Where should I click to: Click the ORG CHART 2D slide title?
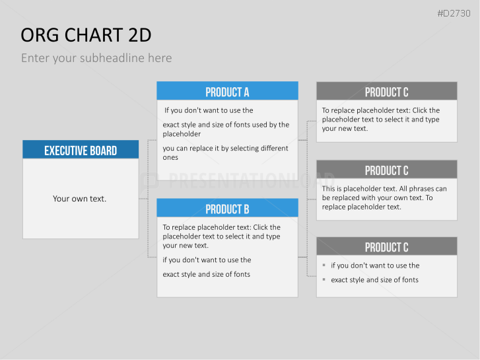tap(86, 35)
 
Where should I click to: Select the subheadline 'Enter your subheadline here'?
tap(96, 58)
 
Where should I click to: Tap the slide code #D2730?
tap(454, 13)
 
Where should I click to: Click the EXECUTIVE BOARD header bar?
tap(81, 149)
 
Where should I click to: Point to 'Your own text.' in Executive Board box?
tap(80, 199)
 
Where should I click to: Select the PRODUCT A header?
tap(227, 90)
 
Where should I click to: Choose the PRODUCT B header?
tap(227, 208)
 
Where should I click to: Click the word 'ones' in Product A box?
tap(170, 158)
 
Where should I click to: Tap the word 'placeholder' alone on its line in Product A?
tap(182, 134)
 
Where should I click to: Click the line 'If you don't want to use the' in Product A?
tap(209, 110)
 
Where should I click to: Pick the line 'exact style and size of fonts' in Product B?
tap(206, 274)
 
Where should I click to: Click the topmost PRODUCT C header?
tap(387, 91)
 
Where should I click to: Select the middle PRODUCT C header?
tap(387, 169)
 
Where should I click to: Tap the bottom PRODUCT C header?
tap(387, 246)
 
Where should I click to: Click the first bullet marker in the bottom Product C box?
tap(324, 265)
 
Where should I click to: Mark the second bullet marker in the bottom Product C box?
tap(324, 279)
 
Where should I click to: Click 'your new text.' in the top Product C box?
tap(345, 129)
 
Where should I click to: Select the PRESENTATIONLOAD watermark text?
tap(252, 180)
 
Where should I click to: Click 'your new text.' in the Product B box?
tap(186, 246)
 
